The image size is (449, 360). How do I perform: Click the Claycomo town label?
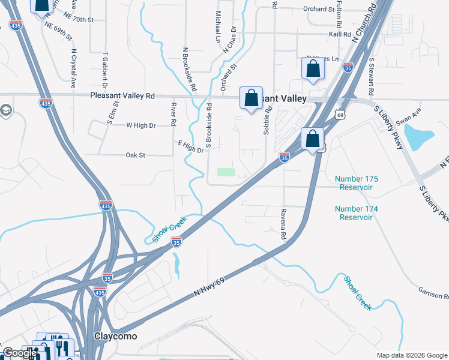[x=115, y=336]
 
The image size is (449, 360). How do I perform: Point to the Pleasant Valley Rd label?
[x=122, y=96]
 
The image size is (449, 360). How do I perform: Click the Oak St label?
[x=136, y=155]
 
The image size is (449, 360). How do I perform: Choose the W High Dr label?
[x=141, y=125]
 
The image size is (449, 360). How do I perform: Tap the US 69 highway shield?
[x=340, y=114]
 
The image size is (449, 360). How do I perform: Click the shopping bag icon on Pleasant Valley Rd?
[x=251, y=98]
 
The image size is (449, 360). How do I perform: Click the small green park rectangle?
[x=225, y=172]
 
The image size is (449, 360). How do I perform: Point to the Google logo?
[x=19, y=353]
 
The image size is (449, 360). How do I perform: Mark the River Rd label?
[x=173, y=114]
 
